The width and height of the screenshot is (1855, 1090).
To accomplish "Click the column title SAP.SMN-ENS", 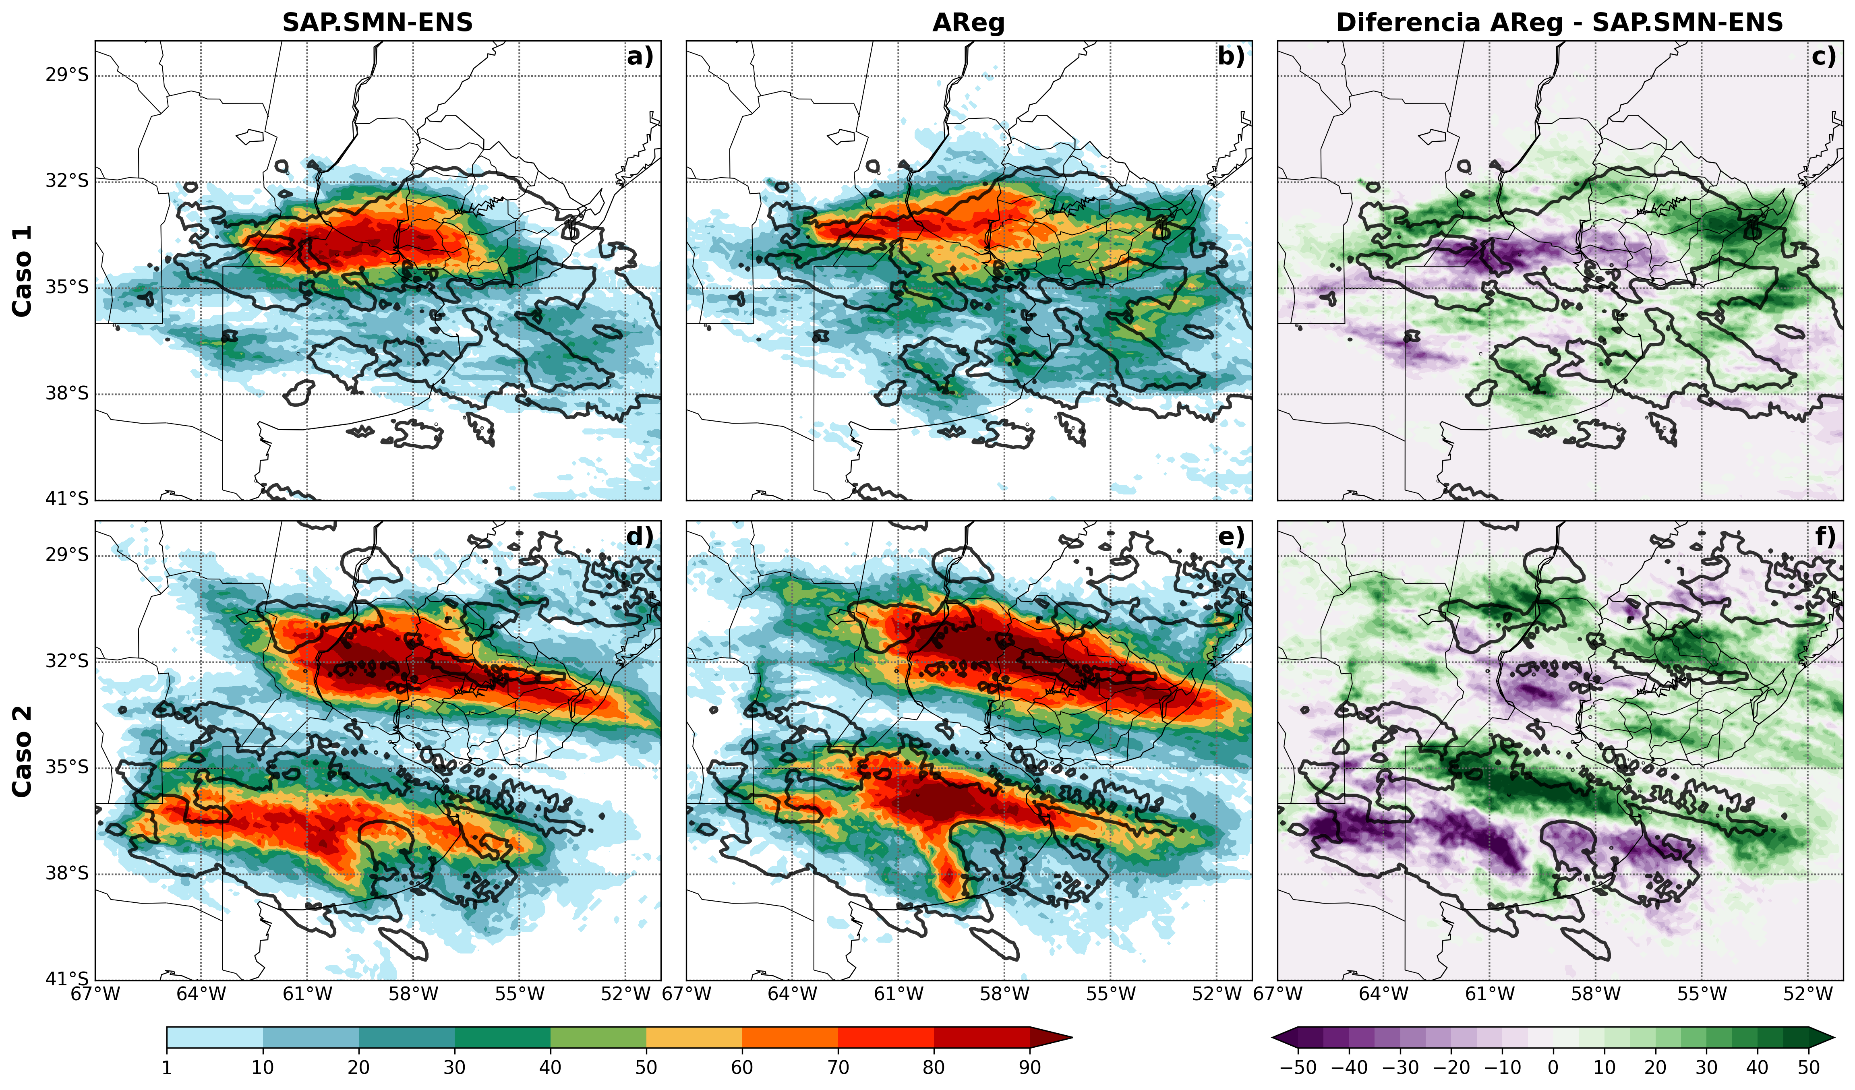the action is coord(378,23).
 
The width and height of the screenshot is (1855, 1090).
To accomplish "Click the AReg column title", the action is coord(969,23).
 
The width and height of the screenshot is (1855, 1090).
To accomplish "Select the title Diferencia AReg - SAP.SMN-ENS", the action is coord(1560,23).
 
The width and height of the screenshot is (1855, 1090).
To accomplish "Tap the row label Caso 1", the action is coord(23,271).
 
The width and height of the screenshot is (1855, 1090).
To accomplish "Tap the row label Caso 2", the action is coord(23,751).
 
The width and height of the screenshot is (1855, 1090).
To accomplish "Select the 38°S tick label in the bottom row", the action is coord(67,874).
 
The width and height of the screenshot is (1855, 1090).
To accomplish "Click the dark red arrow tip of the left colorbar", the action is coord(1071,1037).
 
